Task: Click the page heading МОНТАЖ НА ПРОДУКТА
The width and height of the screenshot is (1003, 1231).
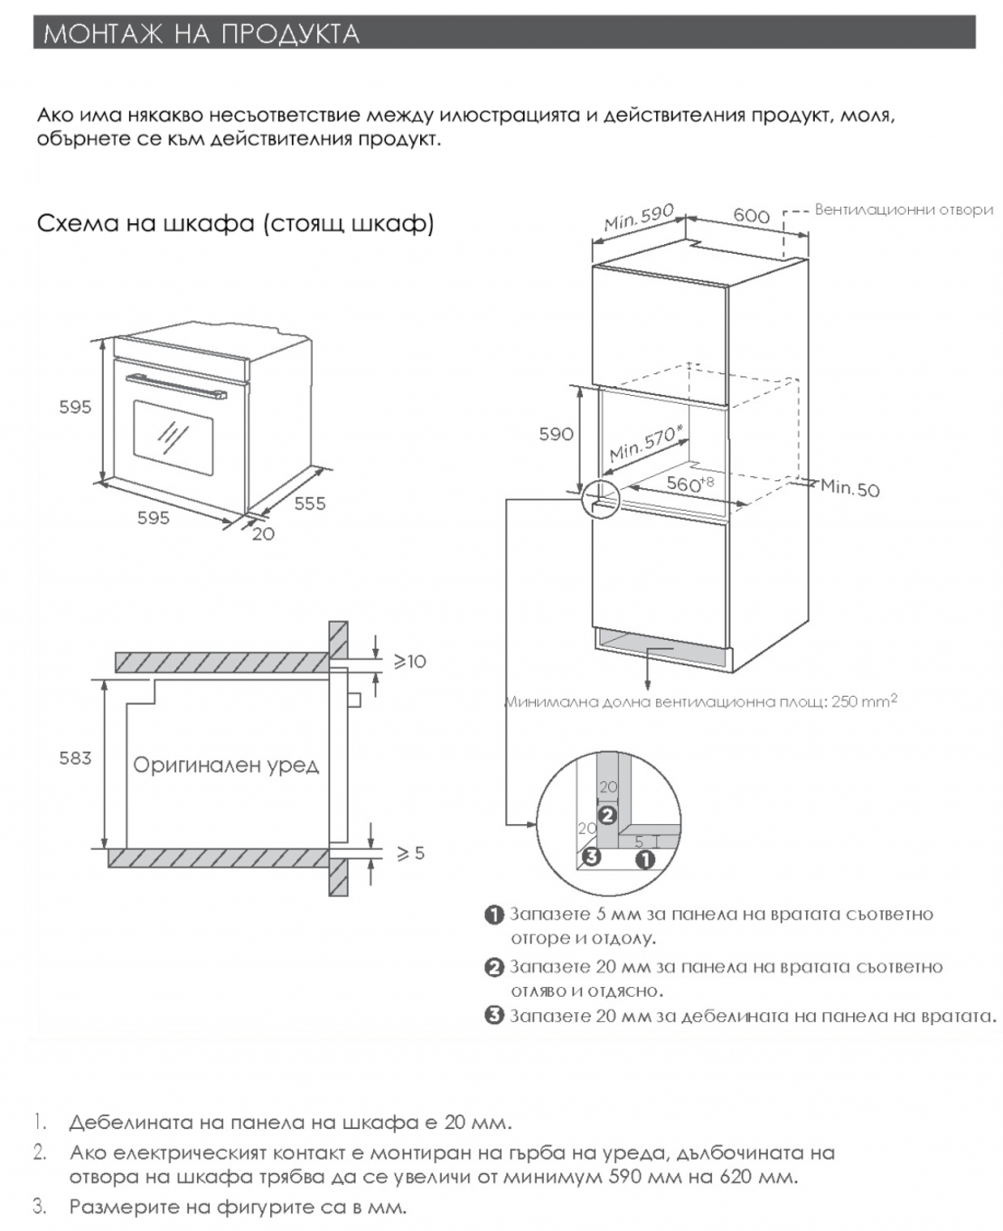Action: click(202, 33)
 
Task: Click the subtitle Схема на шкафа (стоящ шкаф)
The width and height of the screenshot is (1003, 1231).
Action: click(235, 223)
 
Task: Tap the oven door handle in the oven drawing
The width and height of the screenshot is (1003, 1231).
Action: click(176, 385)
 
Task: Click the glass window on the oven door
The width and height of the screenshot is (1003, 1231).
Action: click(173, 437)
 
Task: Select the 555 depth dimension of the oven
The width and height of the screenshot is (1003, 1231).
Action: click(310, 503)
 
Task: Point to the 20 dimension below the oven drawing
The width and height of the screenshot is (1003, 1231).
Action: click(264, 534)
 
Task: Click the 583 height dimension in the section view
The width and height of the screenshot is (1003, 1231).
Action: click(75, 757)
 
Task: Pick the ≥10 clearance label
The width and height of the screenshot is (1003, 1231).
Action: click(408, 662)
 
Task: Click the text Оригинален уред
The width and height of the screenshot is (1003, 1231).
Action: click(226, 766)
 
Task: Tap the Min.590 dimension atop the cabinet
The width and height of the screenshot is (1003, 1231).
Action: click(639, 218)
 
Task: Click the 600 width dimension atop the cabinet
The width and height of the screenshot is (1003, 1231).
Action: click(751, 215)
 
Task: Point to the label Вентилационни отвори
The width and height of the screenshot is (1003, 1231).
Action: click(904, 210)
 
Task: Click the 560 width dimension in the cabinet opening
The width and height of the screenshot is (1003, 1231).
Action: click(687, 484)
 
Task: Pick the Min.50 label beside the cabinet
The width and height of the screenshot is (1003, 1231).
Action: click(849, 489)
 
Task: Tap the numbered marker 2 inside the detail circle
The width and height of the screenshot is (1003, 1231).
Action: click(607, 814)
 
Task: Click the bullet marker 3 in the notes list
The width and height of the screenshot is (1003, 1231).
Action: click(494, 1015)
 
